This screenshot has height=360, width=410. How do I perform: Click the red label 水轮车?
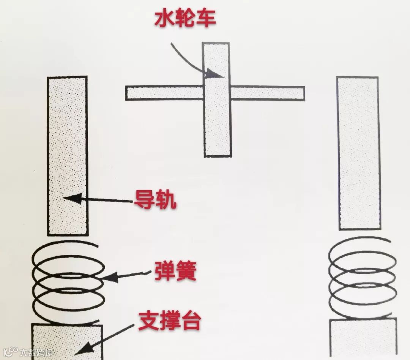pos(185,18)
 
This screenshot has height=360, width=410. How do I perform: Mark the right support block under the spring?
pos(363,338)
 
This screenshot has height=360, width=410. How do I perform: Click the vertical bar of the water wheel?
pos(217,125)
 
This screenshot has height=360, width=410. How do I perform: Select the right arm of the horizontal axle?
pos(268,93)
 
